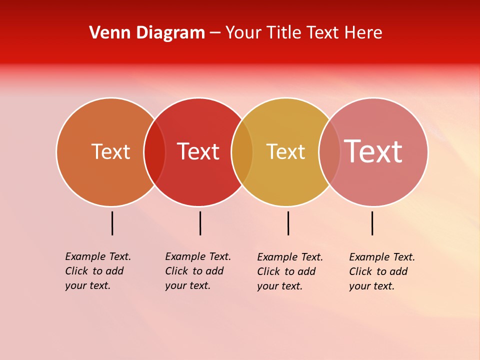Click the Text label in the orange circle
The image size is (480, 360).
click(110, 151)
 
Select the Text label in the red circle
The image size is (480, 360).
click(198, 151)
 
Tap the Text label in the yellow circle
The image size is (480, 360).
click(285, 151)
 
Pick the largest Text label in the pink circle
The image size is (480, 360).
click(373, 151)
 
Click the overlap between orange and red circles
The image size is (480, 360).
click(154, 151)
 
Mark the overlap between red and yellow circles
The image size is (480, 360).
click(242, 151)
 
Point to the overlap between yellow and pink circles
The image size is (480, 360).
click(329, 151)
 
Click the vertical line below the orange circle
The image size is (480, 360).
click(112, 223)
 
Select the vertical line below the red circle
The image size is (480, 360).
click(200, 223)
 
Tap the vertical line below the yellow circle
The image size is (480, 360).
click(288, 223)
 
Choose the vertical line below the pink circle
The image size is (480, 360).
click(372, 223)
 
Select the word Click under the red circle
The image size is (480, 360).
click(176, 271)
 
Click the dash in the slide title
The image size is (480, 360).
click(215, 33)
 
